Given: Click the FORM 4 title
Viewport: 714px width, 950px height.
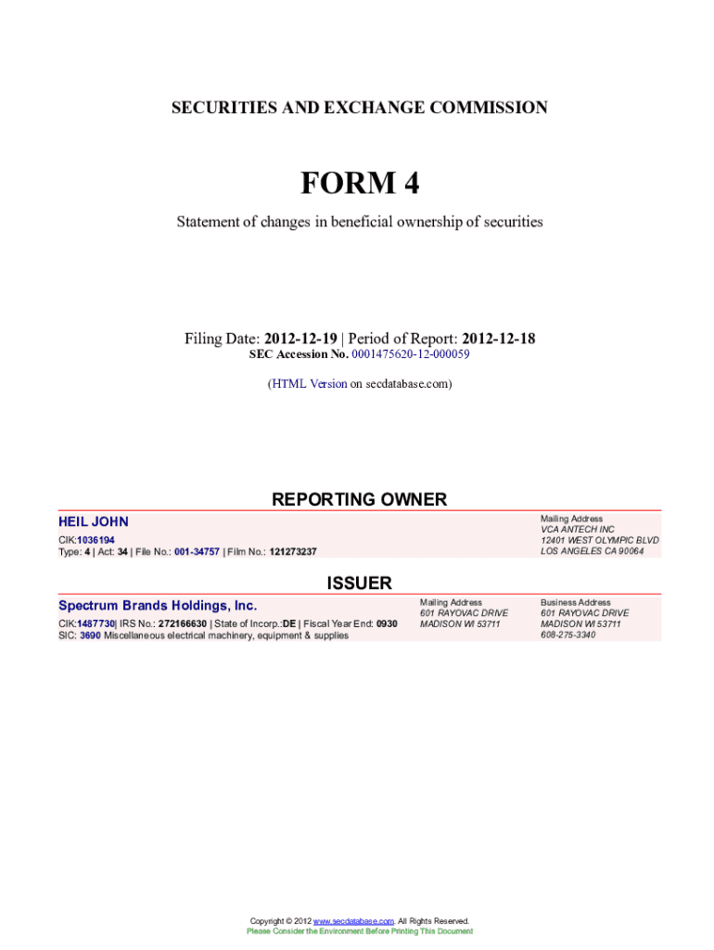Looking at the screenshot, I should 359,184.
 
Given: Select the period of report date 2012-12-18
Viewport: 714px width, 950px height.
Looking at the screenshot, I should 498,339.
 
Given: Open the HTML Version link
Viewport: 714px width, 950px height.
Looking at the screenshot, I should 309,383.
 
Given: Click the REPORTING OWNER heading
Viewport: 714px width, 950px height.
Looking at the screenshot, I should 359,500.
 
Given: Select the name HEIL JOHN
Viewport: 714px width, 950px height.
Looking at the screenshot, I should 94,522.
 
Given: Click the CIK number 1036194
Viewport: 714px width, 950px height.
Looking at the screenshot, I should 96,540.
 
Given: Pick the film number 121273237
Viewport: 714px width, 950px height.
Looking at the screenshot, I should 293,552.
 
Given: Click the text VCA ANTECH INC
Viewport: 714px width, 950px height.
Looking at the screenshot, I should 578,530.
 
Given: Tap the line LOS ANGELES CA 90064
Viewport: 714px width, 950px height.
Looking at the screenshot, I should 593,551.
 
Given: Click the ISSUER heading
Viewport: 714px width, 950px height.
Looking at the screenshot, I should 359,584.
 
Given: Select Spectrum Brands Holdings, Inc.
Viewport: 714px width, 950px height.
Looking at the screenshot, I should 158,606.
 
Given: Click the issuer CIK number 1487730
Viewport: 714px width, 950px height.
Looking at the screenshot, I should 96,623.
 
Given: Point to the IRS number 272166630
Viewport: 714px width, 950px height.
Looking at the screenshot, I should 182,623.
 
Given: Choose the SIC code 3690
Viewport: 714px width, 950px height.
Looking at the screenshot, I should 90,635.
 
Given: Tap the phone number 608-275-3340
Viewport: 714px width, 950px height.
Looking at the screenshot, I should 568,635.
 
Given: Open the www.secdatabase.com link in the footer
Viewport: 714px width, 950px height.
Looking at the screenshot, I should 353,920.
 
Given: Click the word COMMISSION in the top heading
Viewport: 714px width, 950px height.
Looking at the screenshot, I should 487,109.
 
